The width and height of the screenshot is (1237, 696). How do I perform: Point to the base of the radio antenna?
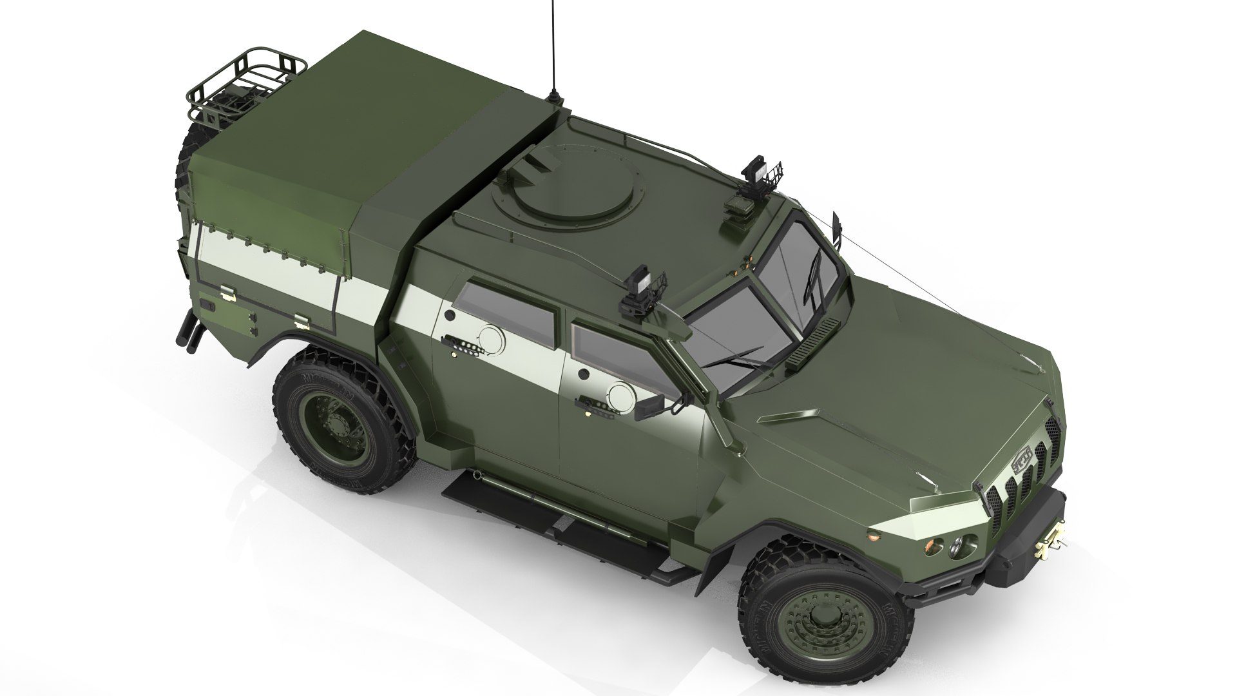click(x=553, y=99)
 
